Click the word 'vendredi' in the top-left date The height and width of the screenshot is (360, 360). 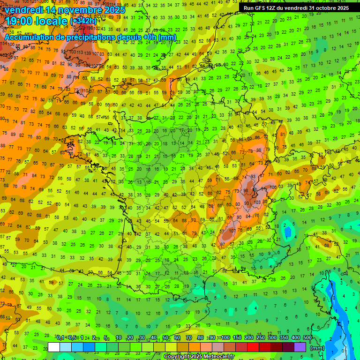tap(24, 10)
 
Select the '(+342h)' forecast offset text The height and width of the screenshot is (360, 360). tap(83, 21)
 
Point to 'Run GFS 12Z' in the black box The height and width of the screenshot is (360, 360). tap(259, 8)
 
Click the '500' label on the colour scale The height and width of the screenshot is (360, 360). tap(307, 338)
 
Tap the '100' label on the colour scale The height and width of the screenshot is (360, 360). tap(225, 338)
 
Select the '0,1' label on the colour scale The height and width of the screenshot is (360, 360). tap(60, 338)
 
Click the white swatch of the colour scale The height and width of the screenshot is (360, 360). tap(54, 347)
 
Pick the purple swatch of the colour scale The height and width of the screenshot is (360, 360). tap(300, 347)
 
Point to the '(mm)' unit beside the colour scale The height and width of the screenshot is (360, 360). tap(317, 348)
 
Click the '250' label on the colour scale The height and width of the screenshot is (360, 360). tap(261, 338)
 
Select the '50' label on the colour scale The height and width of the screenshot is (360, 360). tap(165, 338)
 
